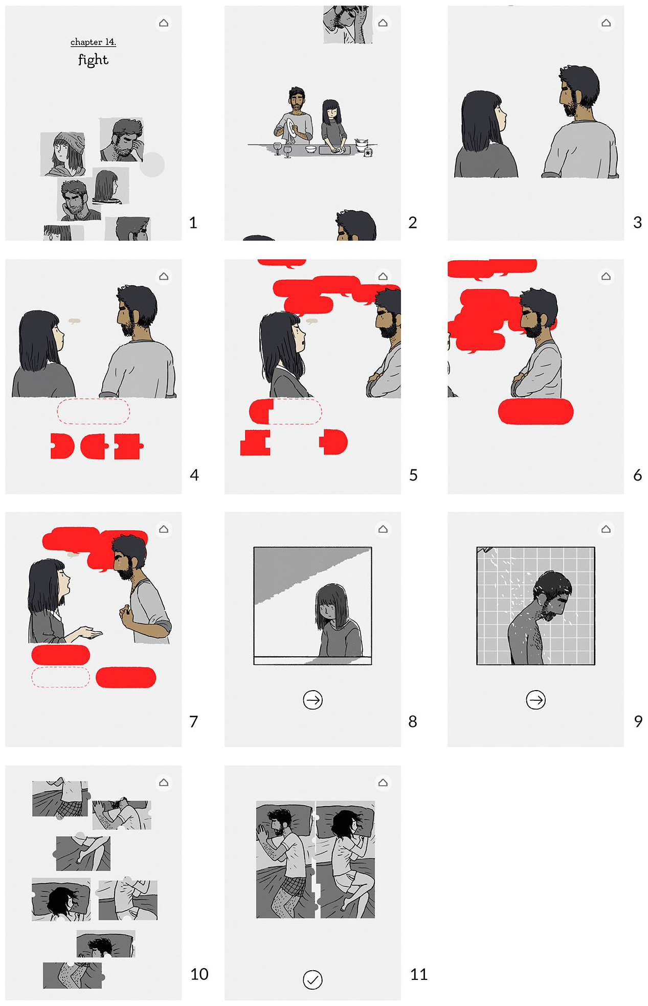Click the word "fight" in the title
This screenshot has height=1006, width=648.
pyautogui.click(x=93, y=60)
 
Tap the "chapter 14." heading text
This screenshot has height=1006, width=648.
pyautogui.click(x=93, y=42)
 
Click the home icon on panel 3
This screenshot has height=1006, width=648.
pyautogui.click(x=606, y=23)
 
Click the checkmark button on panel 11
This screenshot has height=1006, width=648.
pyautogui.click(x=312, y=979)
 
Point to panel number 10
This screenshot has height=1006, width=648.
pyautogui.click(x=199, y=974)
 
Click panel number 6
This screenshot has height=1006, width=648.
pyautogui.click(x=637, y=475)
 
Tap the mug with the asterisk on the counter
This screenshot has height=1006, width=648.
pyautogui.click(x=368, y=152)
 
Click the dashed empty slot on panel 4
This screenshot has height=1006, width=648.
pyautogui.click(x=93, y=411)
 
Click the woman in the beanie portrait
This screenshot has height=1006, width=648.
pyautogui.click(x=63, y=154)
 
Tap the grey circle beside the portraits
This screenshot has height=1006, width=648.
pyautogui.click(x=152, y=165)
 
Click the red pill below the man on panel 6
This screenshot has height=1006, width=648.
pyautogui.click(x=535, y=411)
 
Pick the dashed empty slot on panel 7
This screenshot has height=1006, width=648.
pyautogui.click(x=60, y=677)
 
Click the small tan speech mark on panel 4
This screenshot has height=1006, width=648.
pyautogui.click(x=75, y=321)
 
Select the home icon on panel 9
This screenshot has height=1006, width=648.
pyautogui.click(x=606, y=529)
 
